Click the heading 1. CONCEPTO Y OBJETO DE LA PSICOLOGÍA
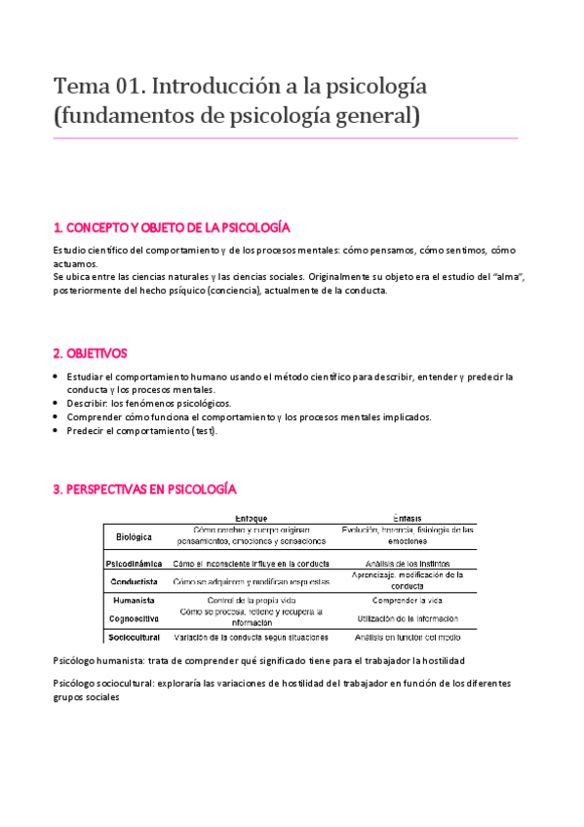tap(172, 227)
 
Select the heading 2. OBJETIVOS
tap(91, 352)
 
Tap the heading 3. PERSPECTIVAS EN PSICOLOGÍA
tap(145, 489)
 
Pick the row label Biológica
tap(135, 535)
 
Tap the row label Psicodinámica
tap(136, 563)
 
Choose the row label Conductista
tap(136, 581)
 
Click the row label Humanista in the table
tap(135, 600)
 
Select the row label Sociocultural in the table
tap(136, 637)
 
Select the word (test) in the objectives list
tap(204, 430)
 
